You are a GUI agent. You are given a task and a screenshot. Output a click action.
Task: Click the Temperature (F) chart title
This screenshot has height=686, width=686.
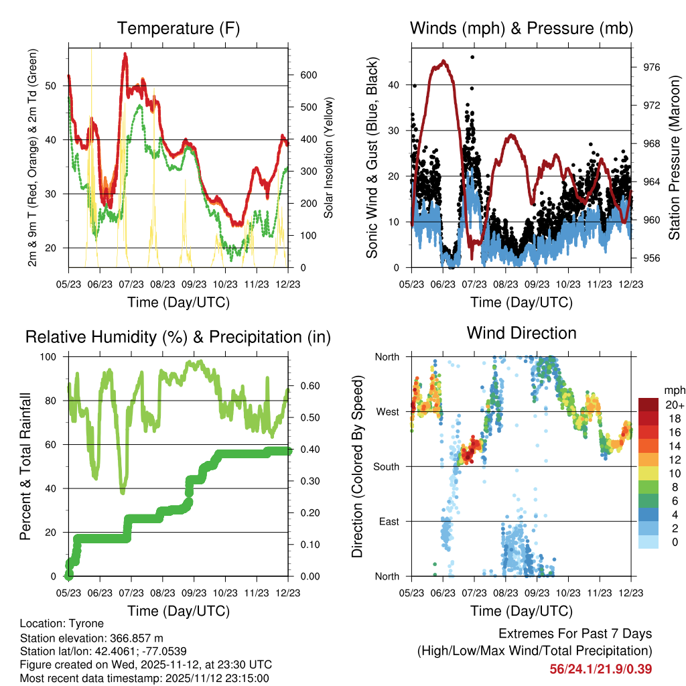coord(178,29)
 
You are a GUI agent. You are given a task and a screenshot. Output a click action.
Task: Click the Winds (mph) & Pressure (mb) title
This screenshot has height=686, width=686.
coord(521,29)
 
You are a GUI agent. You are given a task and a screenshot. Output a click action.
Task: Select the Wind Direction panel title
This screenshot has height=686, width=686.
coord(521,333)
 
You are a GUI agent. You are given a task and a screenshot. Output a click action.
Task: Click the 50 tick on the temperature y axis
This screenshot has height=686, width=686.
coord(59,86)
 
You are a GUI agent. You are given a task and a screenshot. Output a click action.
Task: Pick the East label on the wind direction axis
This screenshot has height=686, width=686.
coord(387,521)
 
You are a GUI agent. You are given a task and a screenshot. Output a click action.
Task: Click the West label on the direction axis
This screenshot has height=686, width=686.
coord(387,411)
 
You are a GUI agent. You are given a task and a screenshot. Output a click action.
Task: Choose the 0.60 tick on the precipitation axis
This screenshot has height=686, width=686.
coord(304,386)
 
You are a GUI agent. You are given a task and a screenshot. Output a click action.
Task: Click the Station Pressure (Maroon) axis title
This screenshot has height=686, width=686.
coord(673,157)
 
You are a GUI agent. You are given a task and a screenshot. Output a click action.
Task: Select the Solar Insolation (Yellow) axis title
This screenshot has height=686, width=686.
coord(329,157)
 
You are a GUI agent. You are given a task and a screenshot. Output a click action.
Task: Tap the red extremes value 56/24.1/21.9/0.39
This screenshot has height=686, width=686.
coord(600,669)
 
